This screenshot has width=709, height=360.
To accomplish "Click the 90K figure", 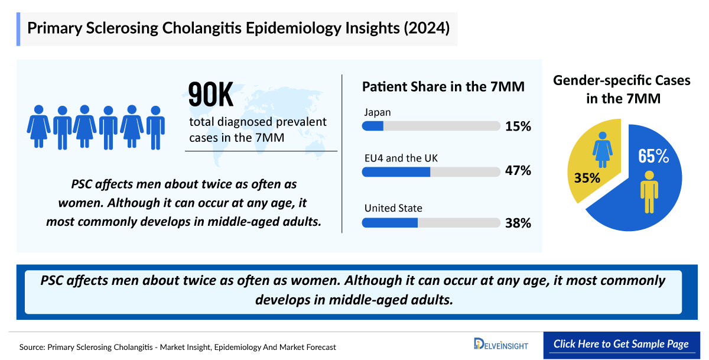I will [x=211, y=96].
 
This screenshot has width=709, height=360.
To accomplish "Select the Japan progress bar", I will [x=431, y=126].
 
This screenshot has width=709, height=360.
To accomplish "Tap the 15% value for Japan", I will [x=518, y=127].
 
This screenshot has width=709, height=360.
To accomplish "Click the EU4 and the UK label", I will [x=401, y=158].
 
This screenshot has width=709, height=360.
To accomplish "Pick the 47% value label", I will [x=518, y=171].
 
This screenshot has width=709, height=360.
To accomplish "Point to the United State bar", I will [x=431, y=223].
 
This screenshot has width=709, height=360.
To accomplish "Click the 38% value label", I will [x=518, y=223].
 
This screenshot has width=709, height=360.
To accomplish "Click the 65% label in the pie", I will [x=653, y=157].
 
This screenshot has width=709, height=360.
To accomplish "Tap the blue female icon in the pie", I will [x=603, y=150].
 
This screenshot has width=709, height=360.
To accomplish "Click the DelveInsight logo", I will [x=501, y=344].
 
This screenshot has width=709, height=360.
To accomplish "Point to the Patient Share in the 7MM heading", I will [x=443, y=87].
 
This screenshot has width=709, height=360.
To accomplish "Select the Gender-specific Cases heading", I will [x=622, y=89].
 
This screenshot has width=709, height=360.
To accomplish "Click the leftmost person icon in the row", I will [x=38, y=127].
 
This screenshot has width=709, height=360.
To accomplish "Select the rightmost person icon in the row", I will [x=155, y=127].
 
